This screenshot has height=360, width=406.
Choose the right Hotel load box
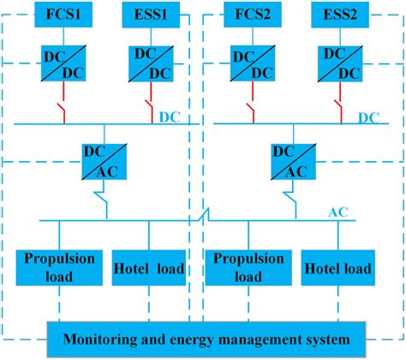pos(337,267)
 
